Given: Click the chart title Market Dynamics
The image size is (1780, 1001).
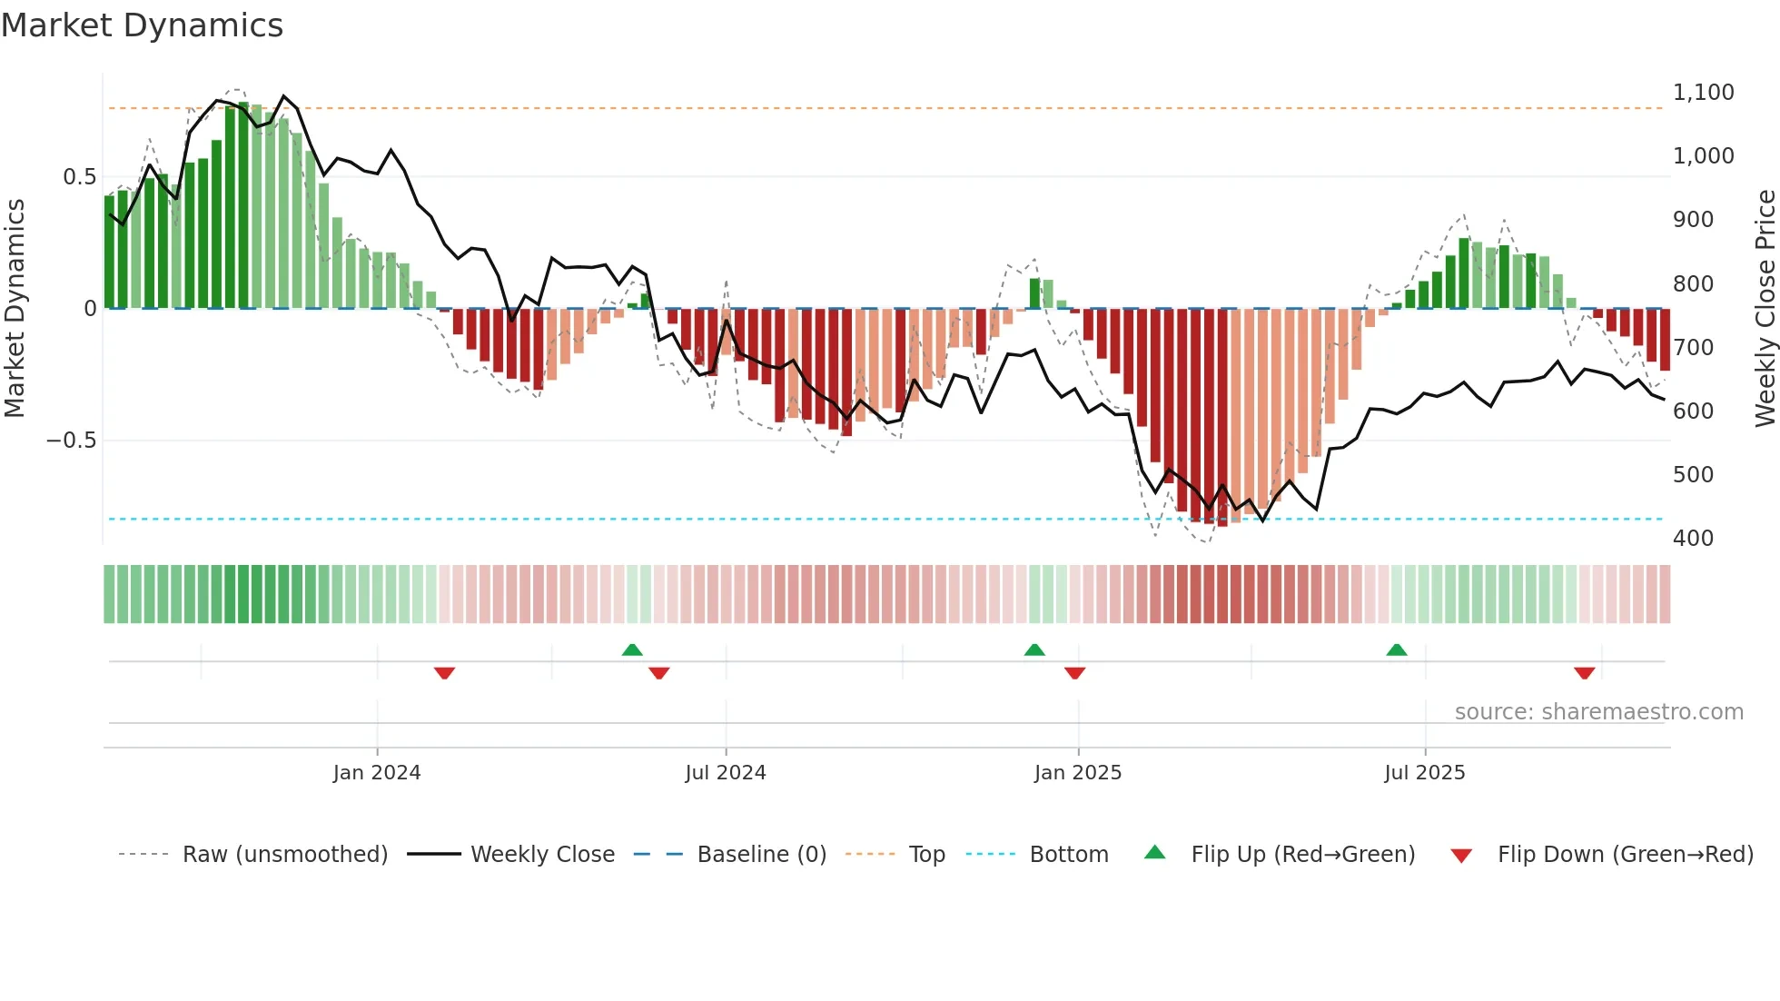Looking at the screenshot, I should tap(142, 25).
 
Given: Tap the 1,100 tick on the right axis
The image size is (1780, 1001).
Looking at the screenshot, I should tap(1703, 93).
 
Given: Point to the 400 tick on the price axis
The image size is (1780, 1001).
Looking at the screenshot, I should tap(1693, 539).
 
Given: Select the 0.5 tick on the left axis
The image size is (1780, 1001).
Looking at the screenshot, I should tap(79, 177).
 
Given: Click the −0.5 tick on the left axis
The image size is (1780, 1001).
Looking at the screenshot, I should tap(71, 441).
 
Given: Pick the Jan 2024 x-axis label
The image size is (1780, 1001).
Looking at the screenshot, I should tap(377, 773).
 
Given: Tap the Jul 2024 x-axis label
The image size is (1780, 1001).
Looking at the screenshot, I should tap(726, 773).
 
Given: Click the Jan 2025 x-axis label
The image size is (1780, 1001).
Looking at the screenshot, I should tap(1078, 773).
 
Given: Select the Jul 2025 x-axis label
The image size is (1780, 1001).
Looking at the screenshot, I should tap(1424, 773).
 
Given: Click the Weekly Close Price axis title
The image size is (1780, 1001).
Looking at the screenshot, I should tap(1765, 309).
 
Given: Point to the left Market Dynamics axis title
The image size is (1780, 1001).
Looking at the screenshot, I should tap(15, 309).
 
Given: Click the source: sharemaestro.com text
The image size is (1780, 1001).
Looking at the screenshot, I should tap(1598, 712).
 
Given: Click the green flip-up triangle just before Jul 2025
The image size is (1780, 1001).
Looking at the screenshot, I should tap(1397, 649).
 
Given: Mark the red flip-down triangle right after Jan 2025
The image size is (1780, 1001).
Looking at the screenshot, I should tap(1075, 673).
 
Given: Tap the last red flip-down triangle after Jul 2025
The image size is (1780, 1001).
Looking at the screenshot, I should tap(1585, 673).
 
